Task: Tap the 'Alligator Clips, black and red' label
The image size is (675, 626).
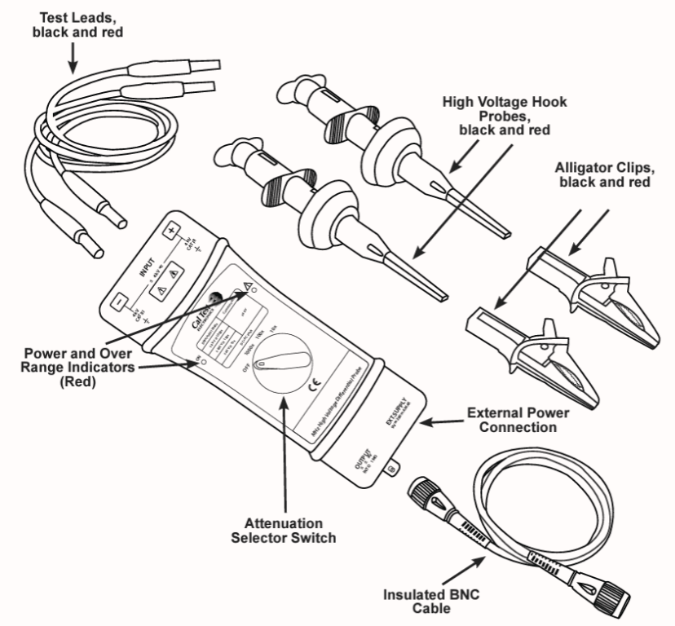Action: coord(603,174)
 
